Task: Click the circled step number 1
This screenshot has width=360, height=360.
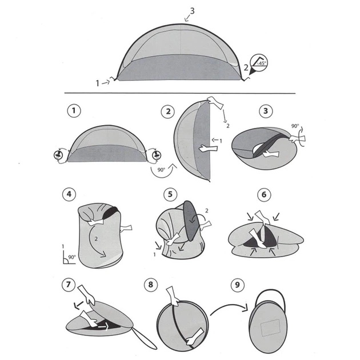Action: [x=74, y=111]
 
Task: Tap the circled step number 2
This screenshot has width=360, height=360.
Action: [x=169, y=111]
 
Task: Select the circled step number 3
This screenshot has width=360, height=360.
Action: [x=266, y=111]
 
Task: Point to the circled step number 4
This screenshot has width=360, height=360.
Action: [x=69, y=194]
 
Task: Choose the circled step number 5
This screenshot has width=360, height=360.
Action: [x=170, y=194]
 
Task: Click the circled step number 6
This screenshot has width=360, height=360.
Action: [x=264, y=195]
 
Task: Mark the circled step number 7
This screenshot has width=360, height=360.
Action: [x=69, y=285]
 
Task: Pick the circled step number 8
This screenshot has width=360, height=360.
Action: [x=151, y=285]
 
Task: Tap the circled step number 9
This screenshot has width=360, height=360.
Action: [x=237, y=285]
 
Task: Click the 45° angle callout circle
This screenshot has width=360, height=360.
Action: [x=259, y=62]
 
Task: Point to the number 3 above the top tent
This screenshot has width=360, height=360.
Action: [x=192, y=11]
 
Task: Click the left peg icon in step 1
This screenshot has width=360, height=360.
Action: [x=58, y=155]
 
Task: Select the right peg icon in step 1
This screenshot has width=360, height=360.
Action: [x=157, y=155]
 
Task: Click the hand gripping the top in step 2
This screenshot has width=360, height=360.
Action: [x=215, y=102]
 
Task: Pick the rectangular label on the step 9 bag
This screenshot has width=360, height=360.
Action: [x=270, y=328]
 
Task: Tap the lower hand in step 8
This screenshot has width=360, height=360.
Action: [x=194, y=337]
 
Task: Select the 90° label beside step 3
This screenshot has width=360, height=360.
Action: [x=295, y=126]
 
